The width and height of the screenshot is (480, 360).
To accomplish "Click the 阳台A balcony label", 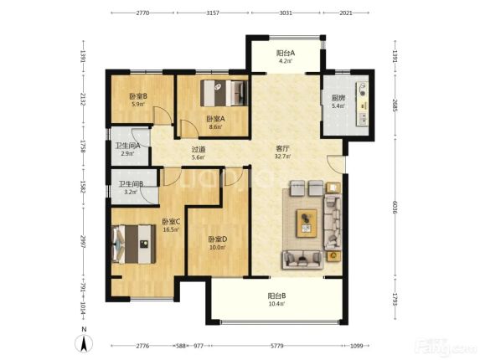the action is tap(286, 53).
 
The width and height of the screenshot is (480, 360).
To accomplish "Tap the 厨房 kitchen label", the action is tap(338, 98).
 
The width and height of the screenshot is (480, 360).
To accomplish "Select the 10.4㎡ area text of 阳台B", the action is tap(277, 304).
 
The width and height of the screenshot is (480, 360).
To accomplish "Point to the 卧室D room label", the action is tap(217, 239).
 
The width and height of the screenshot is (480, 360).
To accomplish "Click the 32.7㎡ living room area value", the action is tap(283, 157).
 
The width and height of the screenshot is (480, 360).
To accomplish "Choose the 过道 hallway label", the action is tap(198, 150).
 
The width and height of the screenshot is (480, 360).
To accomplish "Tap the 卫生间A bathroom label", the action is tap(127, 146).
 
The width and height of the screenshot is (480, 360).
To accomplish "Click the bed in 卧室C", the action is tap(134, 244).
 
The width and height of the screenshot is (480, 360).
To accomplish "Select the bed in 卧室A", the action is tap(224, 93).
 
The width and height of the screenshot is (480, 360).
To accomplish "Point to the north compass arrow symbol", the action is tap(84, 343).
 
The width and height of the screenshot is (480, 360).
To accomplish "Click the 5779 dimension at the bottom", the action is tap(276, 346).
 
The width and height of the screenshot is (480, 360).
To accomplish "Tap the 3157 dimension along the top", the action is tap(213, 13).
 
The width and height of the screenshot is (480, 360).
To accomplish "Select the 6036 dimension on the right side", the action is tap(395, 207).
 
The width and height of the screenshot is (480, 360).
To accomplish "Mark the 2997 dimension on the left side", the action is tap(83, 241).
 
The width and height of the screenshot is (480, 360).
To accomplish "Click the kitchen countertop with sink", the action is tap(362, 104).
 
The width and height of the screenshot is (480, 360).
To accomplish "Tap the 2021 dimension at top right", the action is tap(346, 13).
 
